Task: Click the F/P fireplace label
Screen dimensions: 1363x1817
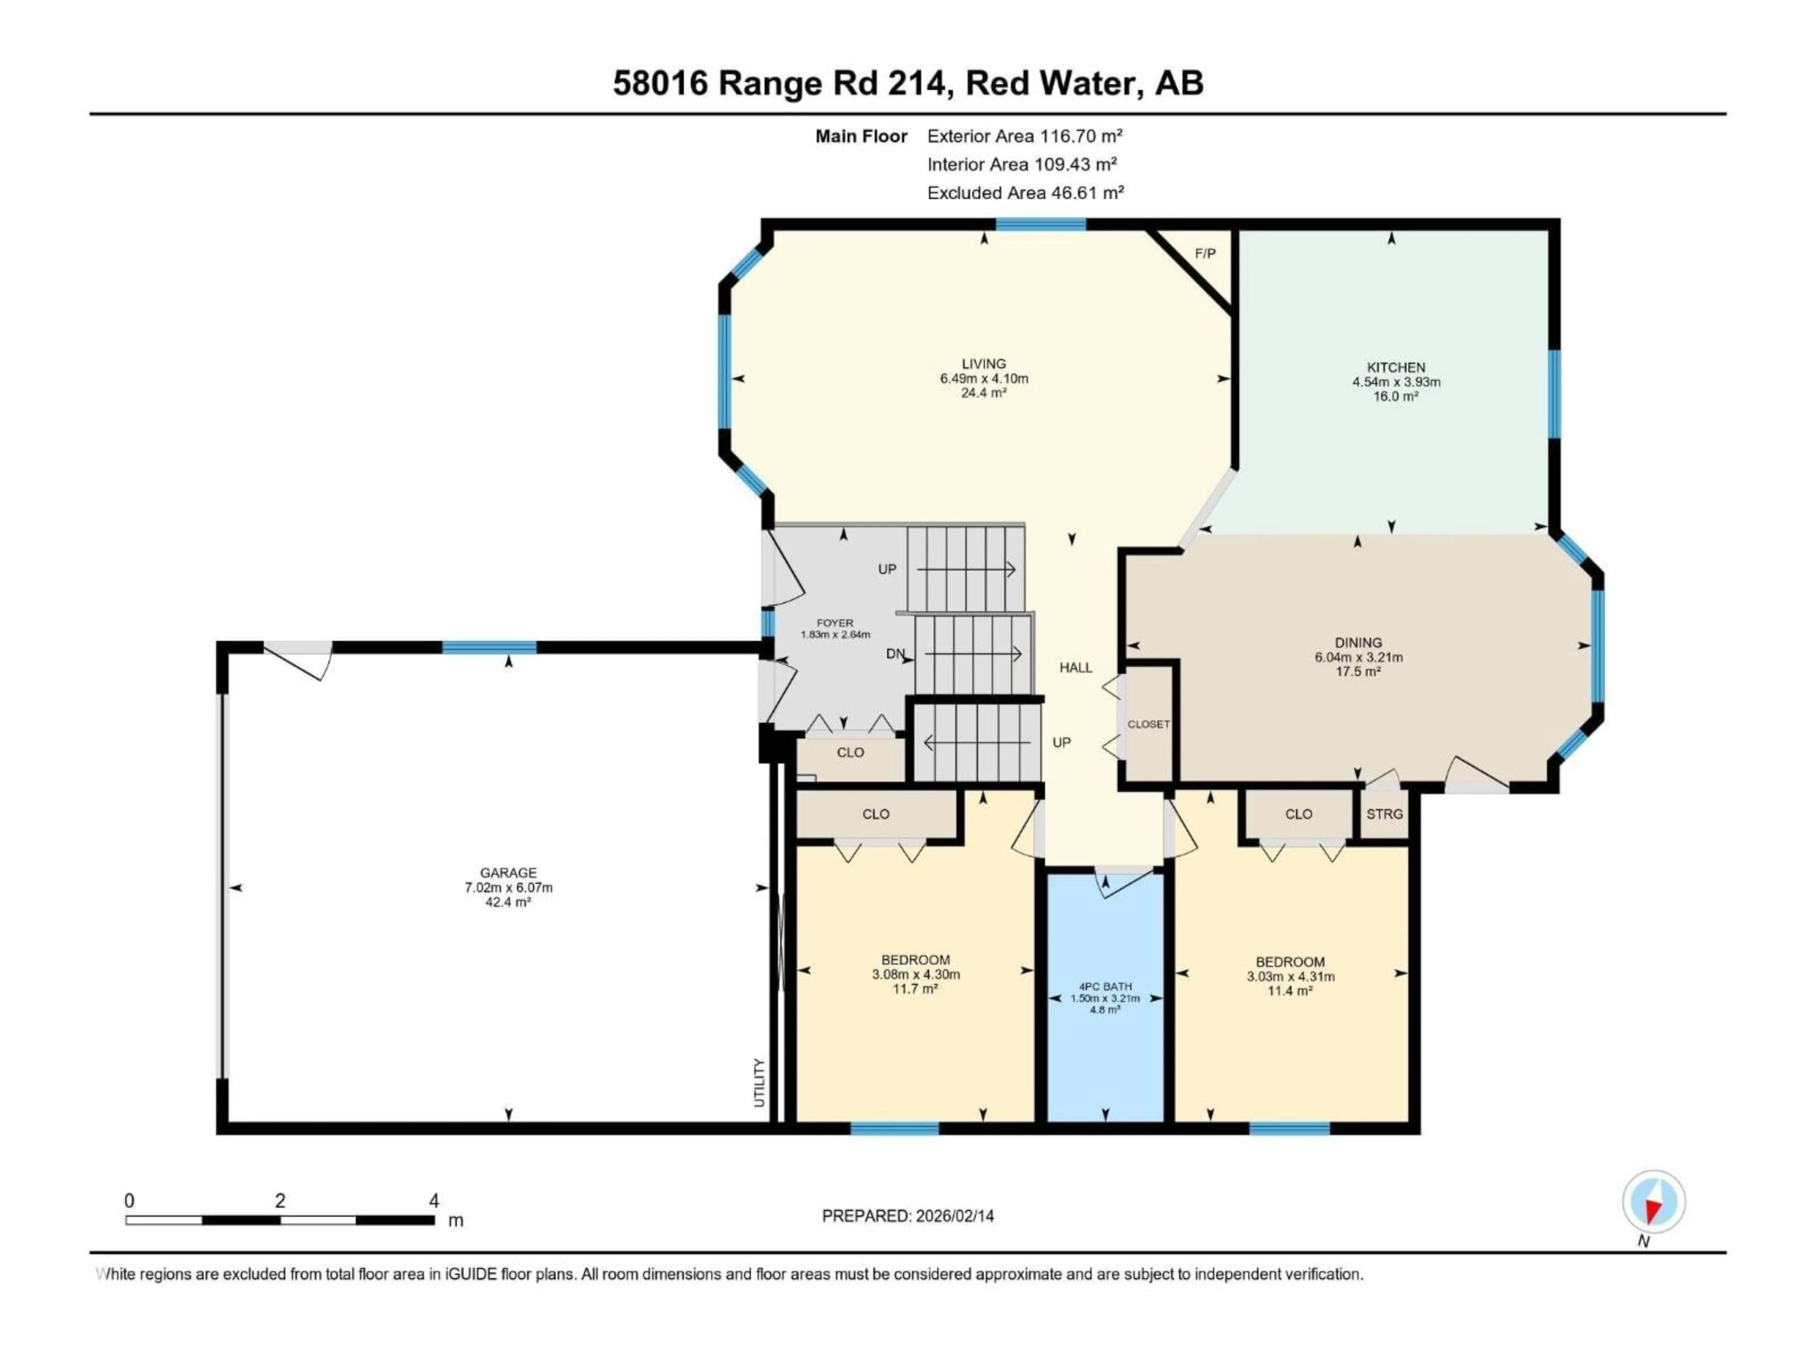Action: click(1205, 254)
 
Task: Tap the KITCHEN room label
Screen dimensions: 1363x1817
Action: click(1395, 367)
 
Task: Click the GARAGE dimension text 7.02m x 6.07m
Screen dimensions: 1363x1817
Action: click(509, 887)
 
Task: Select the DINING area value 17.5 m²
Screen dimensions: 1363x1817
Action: click(1358, 671)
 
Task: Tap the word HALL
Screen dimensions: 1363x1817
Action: click(1075, 668)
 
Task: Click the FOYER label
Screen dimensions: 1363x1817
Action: click(835, 623)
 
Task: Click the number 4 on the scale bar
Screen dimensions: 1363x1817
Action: click(434, 1200)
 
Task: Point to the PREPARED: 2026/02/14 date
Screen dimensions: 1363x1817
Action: click(908, 1216)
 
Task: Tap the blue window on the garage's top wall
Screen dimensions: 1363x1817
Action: click(490, 647)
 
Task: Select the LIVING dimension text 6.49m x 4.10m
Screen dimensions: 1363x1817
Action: click(984, 379)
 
